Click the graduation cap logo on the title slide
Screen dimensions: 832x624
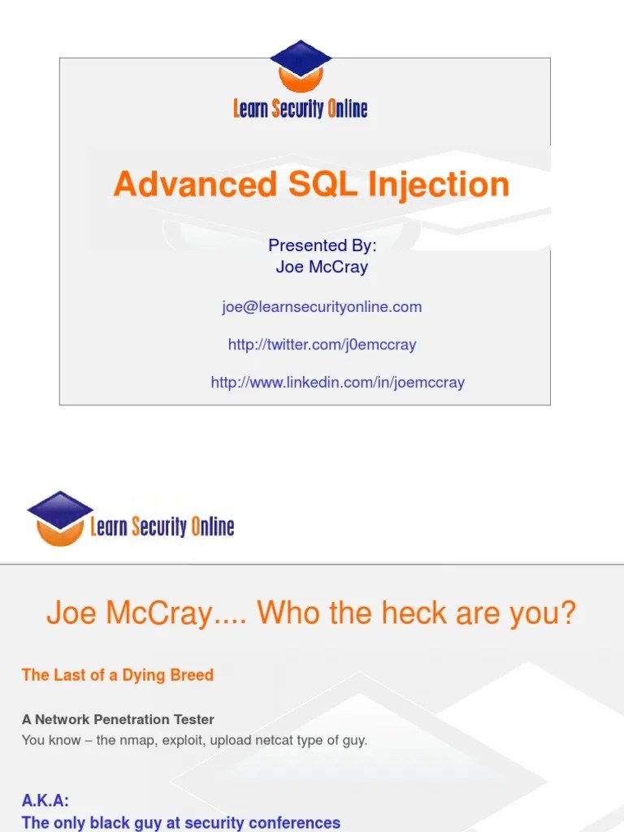click(x=300, y=65)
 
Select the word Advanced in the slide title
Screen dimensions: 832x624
click(x=195, y=184)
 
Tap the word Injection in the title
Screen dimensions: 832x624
click(x=439, y=184)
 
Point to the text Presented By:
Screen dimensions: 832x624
click(x=323, y=245)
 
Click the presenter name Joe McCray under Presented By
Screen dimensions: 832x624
click(x=323, y=266)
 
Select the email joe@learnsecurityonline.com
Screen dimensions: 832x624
click(x=322, y=307)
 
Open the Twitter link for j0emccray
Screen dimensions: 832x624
click(x=322, y=344)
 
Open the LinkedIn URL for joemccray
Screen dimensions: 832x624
click(x=337, y=382)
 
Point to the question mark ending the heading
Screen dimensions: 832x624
click(x=568, y=613)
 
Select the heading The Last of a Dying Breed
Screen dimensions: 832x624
click(x=118, y=675)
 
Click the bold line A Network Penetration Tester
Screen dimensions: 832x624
click(x=118, y=720)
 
